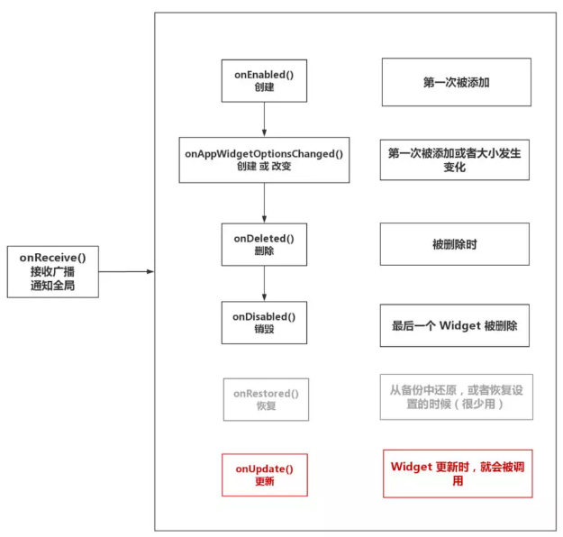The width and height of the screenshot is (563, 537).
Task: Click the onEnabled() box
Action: (264, 80)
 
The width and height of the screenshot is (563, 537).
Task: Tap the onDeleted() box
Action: (264, 245)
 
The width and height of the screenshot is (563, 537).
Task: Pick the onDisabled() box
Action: (264, 323)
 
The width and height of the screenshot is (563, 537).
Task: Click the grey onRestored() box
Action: (264, 400)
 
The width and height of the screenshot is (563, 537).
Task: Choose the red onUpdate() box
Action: (264, 475)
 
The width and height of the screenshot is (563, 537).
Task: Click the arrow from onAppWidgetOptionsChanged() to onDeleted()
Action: (264, 203)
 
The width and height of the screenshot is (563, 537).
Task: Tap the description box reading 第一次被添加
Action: (455, 82)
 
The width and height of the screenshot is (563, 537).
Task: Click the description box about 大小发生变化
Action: (455, 160)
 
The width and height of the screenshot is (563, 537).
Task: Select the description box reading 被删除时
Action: (455, 244)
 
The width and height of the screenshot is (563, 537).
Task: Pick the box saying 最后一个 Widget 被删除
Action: (455, 327)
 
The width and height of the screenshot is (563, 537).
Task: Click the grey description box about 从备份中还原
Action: (455, 397)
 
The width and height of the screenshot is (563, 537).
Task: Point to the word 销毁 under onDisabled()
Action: (264, 330)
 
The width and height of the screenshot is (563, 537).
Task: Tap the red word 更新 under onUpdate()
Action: (264, 482)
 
